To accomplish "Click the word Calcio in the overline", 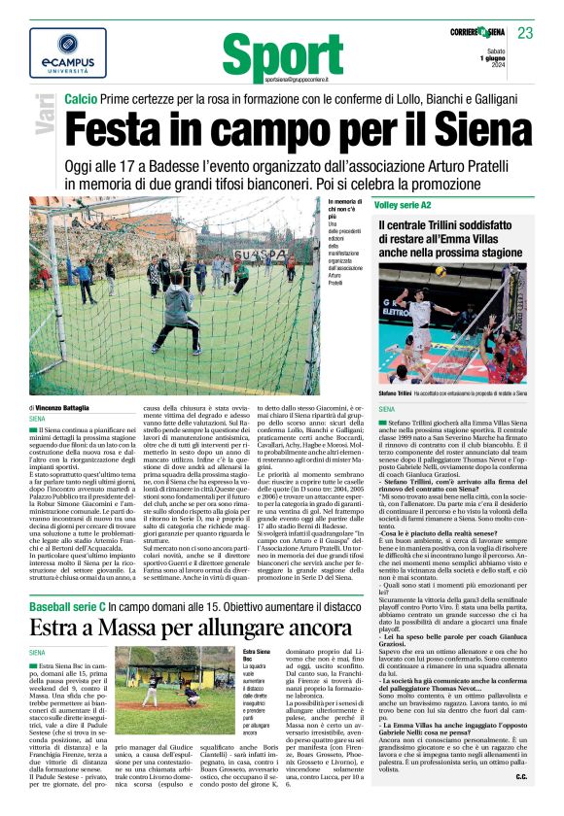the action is pyautogui.click(x=83, y=100).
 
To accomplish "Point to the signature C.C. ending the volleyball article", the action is pyautogui.click(x=520, y=802).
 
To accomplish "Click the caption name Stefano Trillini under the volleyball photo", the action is pyautogui.click(x=391, y=393).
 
